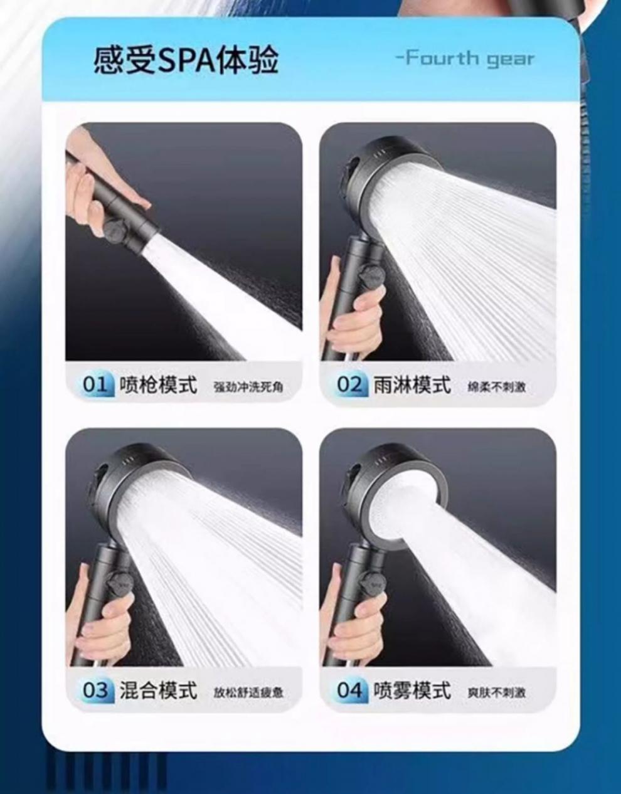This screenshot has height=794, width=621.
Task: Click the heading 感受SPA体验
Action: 186,61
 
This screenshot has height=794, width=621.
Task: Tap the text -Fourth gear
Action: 465,59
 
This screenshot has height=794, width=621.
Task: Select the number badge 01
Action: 95,384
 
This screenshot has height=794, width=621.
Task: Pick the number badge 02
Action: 350,384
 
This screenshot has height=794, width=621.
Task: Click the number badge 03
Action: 95,691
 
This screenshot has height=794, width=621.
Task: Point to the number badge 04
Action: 350,691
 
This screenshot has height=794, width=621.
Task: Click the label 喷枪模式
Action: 158,384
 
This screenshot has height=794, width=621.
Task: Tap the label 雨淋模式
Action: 412,384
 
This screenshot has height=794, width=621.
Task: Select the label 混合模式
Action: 158,691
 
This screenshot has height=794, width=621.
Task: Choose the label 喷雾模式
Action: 412,691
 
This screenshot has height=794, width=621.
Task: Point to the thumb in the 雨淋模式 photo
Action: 366,302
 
